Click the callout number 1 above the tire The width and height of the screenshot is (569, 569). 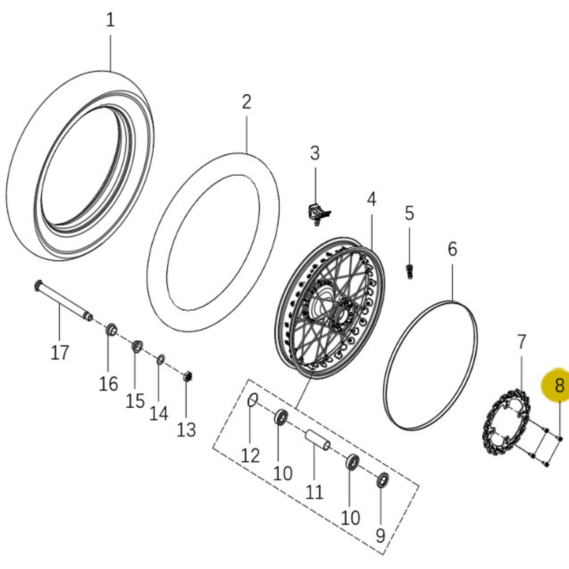pos(110,20)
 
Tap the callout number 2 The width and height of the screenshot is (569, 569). pos(247,102)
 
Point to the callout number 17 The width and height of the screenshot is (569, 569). pos(60,352)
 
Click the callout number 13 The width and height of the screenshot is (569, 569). pos(186,430)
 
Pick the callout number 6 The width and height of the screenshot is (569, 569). pos(452,249)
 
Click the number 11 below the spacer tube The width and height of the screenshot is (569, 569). pos(314,492)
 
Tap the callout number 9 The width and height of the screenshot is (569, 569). pos(380,535)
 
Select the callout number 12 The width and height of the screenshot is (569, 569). pos(250,455)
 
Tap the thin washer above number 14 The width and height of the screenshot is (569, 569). pos(161,360)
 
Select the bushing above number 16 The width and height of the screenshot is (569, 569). pos(111,330)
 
